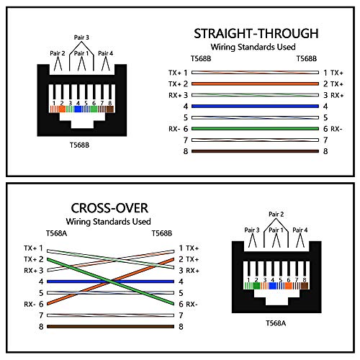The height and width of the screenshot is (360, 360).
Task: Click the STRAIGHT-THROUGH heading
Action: click(256, 34)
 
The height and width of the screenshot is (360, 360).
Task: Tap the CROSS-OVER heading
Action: click(109, 208)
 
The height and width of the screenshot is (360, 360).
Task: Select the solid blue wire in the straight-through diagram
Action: click(255, 107)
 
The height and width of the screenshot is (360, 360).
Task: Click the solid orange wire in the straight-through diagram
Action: click(255, 84)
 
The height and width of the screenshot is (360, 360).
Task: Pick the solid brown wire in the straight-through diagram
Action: click(255, 151)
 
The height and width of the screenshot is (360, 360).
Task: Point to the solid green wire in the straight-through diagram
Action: click(255, 129)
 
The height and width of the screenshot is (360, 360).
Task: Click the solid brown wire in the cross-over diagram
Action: click(110, 326)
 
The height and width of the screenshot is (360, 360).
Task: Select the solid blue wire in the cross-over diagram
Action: click(110, 282)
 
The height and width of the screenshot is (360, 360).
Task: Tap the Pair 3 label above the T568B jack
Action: click(81, 37)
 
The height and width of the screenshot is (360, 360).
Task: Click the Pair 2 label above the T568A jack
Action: click(276, 214)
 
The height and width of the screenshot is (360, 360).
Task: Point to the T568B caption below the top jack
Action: click(79, 145)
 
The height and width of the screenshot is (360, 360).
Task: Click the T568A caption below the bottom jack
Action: click(276, 323)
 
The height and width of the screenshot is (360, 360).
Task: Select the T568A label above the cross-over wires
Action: click(56, 233)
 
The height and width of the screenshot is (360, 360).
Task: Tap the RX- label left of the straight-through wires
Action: click(174, 129)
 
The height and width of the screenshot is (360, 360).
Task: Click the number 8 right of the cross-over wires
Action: click(181, 327)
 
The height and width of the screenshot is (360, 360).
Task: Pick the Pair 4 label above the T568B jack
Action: click(105, 53)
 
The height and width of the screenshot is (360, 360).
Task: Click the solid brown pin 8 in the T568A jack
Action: click(305, 286)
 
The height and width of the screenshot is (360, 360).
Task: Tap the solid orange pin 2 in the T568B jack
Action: click(62, 109)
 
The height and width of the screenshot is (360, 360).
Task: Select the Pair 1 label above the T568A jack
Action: click(276, 230)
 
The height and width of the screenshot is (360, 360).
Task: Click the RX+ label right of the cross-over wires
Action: click(192, 271)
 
